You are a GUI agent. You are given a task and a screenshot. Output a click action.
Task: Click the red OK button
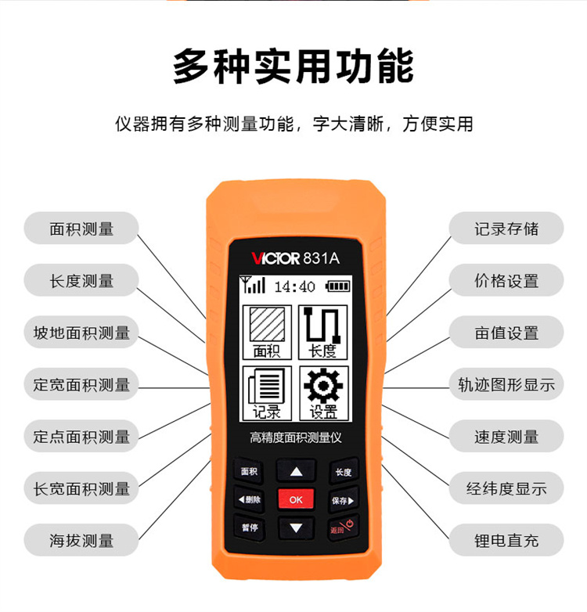point(296,499)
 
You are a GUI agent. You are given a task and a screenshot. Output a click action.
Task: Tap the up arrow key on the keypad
point(296,471)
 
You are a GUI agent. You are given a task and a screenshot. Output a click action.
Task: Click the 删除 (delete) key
point(250,499)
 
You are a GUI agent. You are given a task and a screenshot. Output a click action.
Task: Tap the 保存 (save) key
point(343,500)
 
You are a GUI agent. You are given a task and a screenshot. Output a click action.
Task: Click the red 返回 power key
point(342,527)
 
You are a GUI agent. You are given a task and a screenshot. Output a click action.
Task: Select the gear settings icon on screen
point(323,386)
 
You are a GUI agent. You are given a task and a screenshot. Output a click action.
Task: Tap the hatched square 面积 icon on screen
point(267,324)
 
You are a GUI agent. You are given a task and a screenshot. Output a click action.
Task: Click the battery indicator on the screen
point(337,286)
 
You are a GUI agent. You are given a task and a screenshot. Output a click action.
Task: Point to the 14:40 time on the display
point(294,287)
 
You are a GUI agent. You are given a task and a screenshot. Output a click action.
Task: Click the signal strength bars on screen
point(253,284)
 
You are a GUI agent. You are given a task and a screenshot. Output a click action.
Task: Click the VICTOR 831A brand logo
point(295,258)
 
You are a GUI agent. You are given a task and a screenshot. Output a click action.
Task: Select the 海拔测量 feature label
point(81,540)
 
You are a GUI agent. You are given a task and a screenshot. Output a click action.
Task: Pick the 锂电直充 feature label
point(506,540)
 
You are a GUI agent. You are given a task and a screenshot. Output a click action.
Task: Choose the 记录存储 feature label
point(506,229)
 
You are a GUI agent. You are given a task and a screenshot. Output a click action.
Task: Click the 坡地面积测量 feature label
point(81,332)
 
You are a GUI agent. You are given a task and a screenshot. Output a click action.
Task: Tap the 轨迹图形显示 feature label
point(506,384)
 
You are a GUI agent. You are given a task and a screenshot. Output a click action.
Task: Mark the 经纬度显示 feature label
point(506,488)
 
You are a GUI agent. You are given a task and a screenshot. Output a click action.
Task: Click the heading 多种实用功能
point(293,67)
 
